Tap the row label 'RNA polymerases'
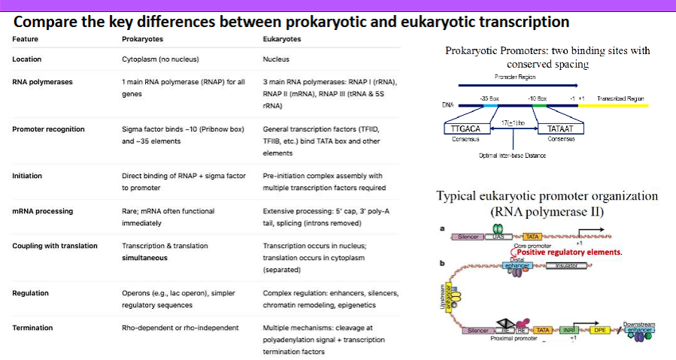(42, 82)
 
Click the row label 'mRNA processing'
(43, 211)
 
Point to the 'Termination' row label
(33, 328)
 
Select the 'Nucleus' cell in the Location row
(276, 59)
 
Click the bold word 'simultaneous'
(144, 258)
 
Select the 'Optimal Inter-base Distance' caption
(512, 156)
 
